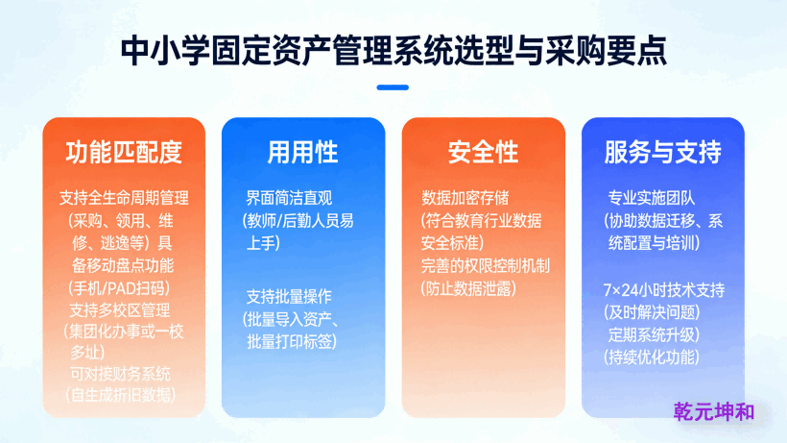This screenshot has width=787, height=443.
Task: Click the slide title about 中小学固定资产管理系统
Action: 393,49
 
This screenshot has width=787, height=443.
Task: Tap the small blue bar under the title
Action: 393,87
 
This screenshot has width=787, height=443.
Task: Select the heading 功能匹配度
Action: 124,152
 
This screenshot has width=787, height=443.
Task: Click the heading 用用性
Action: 302,152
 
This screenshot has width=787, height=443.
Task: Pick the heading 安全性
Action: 483,152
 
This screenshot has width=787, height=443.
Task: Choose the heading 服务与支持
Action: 662,152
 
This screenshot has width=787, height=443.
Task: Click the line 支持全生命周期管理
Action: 124,199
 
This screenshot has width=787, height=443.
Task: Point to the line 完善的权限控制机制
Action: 486,265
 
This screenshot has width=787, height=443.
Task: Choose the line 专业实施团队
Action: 652,199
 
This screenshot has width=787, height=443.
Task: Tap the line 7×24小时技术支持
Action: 663,290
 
